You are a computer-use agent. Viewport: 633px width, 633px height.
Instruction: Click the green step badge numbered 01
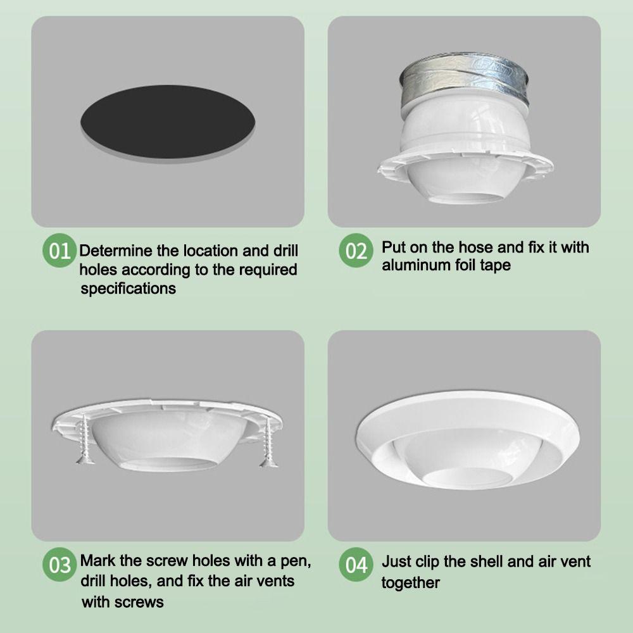(x=60, y=250)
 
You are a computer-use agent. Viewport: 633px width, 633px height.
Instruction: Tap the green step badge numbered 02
(x=356, y=250)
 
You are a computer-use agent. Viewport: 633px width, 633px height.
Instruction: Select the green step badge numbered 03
(x=60, y=565)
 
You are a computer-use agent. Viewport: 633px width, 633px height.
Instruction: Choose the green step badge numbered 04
(x=356, y=565)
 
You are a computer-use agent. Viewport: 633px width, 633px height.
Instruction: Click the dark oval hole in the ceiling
(x=168, y=121)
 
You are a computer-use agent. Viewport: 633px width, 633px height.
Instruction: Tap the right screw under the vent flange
(x=268, y=441)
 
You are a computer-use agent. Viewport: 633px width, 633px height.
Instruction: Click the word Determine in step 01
(x=116, y=251)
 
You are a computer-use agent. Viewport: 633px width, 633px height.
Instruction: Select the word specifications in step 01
(x=128, y=289)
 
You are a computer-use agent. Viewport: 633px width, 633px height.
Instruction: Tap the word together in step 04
(x=411, y=583)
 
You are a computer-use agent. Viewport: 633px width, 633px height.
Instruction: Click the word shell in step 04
(x=486, y=561)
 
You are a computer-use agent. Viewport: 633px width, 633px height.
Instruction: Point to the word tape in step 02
(x=496, y=266)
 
